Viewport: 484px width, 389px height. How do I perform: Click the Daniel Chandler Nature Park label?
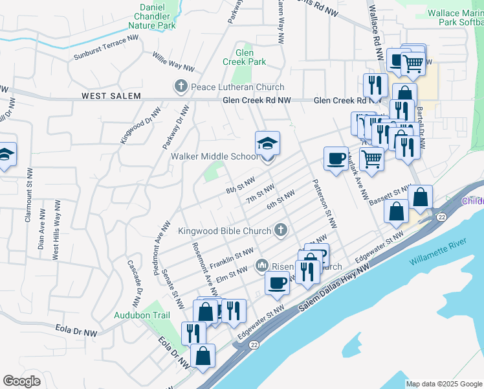coord(152,16)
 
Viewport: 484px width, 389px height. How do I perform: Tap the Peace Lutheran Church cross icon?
coord(181,86)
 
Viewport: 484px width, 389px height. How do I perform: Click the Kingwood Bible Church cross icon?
coord(281,229)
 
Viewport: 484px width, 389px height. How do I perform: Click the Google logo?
coord(21,381)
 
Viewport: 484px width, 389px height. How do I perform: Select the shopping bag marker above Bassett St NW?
coord(420,196)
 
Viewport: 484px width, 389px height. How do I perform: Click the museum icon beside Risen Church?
coord(262,265)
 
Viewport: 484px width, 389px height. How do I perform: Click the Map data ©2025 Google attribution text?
coord(445,384)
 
